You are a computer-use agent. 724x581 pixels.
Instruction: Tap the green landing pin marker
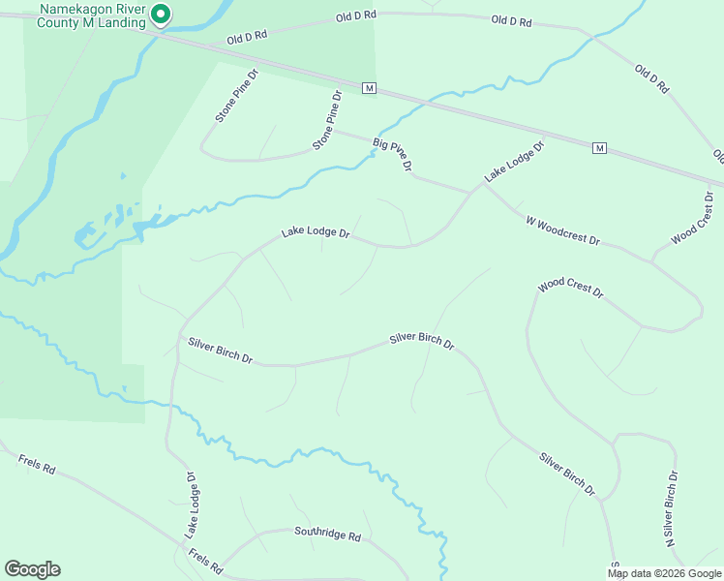[x=163, y=14]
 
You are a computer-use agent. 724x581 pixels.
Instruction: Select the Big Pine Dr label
[x=393, y=155]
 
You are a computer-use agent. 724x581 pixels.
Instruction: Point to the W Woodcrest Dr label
[x=563, y=229]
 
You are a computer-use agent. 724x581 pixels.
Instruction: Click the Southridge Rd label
[x=327, y=535]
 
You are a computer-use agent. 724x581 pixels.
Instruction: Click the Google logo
[x=32, y=569]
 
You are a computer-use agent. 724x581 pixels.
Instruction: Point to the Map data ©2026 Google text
[x=664, y=573]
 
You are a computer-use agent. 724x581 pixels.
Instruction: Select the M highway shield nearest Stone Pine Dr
[x=369, y=88]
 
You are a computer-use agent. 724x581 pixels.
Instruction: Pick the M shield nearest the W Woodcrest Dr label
[x=600, y=148]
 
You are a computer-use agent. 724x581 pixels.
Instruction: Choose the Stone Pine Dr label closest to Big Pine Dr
[x=328, y=120]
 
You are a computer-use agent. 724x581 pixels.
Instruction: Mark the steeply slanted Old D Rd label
[x=651, y=78]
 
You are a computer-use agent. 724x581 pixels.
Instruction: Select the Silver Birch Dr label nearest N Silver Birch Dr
[x=567, y=474]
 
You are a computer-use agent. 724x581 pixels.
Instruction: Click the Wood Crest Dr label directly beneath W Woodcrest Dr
[x=571, y=288]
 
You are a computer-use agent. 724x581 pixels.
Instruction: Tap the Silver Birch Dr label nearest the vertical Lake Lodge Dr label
[x=220, y=351]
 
